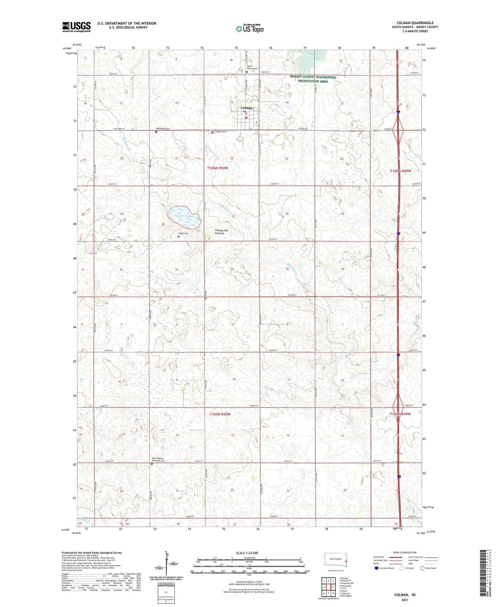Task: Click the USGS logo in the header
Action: tap(76, 27)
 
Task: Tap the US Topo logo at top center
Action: tap(249, 29)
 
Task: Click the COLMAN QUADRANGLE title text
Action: tap(413, 23)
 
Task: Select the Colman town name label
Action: tap(247, 108)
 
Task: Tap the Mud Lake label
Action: tap(315, 53)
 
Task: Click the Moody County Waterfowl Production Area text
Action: tap(313, 79)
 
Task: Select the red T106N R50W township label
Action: tap(218, 168)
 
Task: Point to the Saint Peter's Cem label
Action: tap(252, 67)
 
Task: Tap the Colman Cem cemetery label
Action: tap(221, 132)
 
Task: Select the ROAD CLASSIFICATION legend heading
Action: tap(405, 552)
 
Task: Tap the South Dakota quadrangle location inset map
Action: tap(336, 561)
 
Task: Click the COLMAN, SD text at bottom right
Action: tap(405, 595)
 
